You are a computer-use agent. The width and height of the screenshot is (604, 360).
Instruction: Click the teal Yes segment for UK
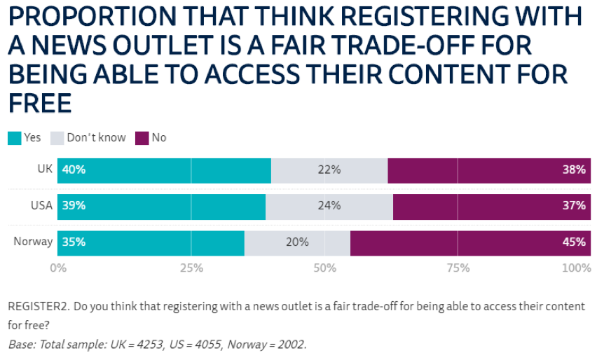click(x=164, y=169)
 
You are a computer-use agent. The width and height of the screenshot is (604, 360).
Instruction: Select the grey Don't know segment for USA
click(x=329, y=206)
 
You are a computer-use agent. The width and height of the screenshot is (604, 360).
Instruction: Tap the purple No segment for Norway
click(x=469, y=242)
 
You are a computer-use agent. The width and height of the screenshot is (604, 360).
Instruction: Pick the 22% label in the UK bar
click(x=329, y=169)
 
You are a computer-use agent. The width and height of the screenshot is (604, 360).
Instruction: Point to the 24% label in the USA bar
click(x=329, y=206)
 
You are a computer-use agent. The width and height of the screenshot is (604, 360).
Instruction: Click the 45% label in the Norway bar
click(x=573, y=242)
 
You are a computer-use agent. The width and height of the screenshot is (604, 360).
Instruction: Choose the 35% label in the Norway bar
click(x=74, y=242)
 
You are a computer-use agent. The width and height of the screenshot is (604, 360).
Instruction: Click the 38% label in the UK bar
click(x=573, y=169)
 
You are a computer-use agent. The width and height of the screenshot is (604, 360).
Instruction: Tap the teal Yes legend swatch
click(x=14, y=138)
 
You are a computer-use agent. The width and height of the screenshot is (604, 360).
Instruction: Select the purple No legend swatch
click(x=142, y=138)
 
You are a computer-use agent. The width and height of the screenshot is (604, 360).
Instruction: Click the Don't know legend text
click(x=96, y=138)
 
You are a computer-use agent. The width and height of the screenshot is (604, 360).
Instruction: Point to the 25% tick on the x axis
click(x=191, y=268)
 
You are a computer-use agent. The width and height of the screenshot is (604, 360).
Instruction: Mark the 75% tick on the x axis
click(x=458, y=268)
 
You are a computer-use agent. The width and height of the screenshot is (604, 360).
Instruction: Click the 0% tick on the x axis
click(x=58, y=268)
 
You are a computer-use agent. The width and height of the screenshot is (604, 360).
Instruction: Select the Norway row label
click(x=33, y=242)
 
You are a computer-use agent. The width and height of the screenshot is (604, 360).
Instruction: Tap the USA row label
click(x=41, y=206)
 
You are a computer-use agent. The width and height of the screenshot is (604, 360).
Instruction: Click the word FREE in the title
click(x=40, y=103)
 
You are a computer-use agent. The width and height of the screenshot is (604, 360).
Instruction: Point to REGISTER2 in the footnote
click(x=36, y=307)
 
